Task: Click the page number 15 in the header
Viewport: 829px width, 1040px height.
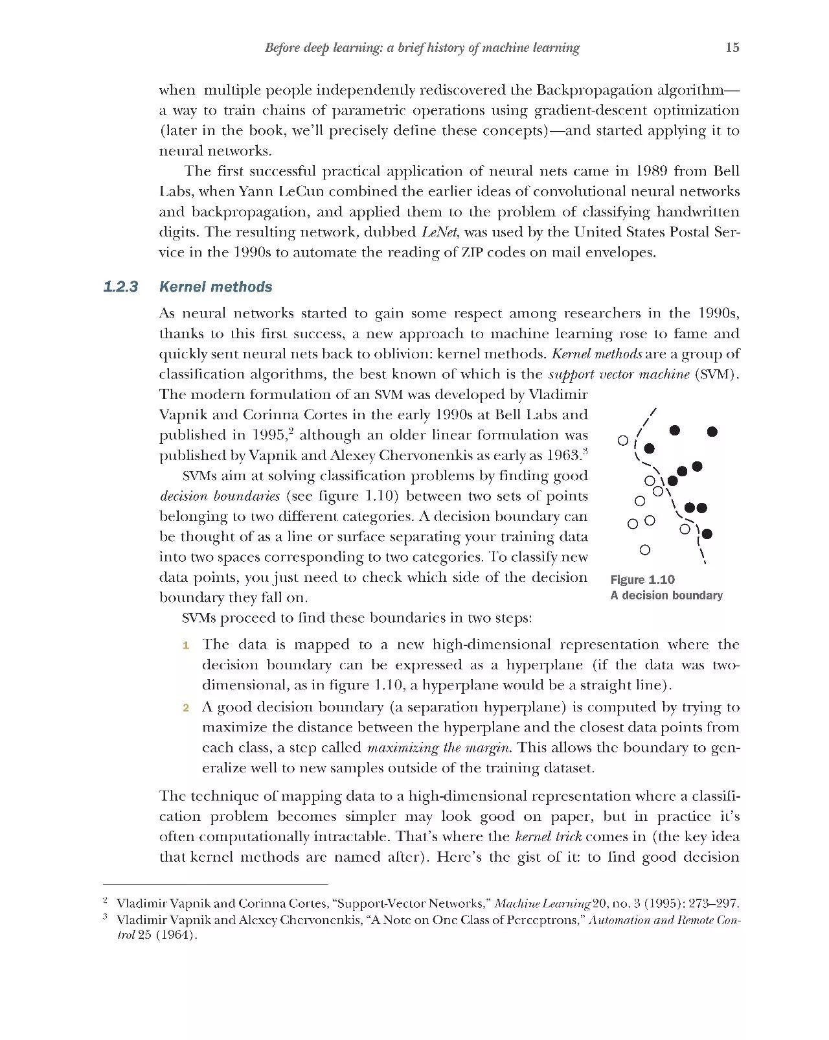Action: point(732,47)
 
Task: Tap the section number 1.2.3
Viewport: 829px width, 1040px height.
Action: point(120,287)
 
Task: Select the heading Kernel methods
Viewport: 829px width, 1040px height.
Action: point(216,287)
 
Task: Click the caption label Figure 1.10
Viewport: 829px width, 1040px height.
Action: point(642,580)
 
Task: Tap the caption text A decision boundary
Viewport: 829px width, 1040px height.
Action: point(666,595)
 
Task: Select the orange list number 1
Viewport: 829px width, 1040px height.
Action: point(186,645)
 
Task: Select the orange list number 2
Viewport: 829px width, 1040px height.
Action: point(186,708)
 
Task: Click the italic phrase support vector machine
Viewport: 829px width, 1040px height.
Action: point(619,375)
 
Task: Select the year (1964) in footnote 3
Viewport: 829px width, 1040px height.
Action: point(176,935)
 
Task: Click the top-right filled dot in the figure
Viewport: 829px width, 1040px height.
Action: point(712,432)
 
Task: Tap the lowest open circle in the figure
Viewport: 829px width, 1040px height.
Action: point(644,550)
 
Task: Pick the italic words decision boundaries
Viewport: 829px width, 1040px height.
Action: point(220,496)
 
